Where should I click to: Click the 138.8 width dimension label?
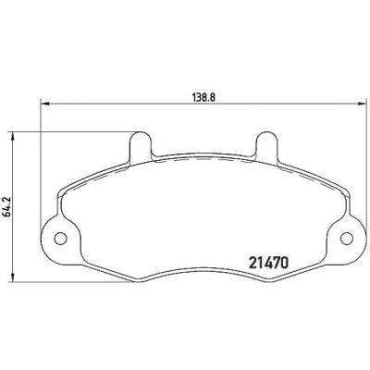pyautogui.click(x=203, y=97)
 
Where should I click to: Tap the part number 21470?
pyautogui.click(x=268, y=263)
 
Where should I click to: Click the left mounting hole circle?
pyautogui.click(x=60, y=239)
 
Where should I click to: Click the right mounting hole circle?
pyautogui.click(x=347, y=239)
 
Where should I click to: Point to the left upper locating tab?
pyautogui.click(x=141, y=146)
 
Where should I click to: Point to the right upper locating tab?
pyautogui.click(x=266, y=146)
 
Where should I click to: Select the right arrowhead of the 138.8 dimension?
pyautogui.click(x=363, y=104)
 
